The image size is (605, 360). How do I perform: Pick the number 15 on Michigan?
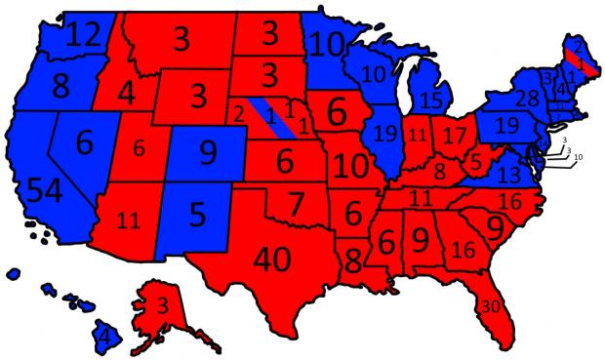pos(430,99)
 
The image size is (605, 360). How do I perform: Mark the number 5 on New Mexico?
pos(199,213)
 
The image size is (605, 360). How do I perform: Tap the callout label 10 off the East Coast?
pos(578,157)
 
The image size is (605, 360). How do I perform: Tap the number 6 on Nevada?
pos(84,143)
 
